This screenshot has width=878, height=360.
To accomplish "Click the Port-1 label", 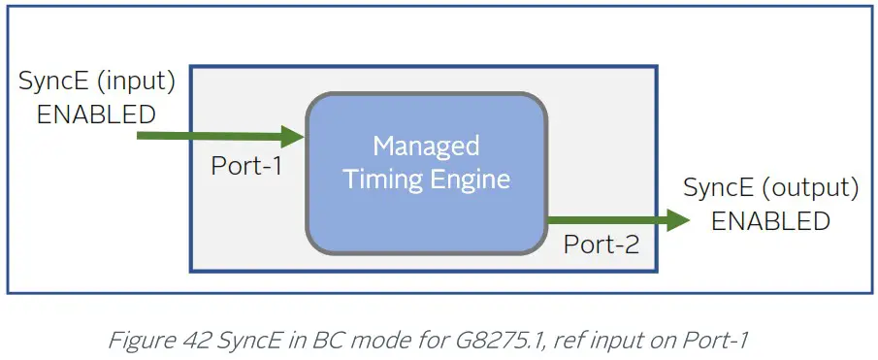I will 246,167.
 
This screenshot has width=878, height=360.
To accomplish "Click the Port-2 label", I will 602,245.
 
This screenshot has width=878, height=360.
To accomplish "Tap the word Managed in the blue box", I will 426,147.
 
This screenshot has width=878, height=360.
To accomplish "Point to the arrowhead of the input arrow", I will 295,135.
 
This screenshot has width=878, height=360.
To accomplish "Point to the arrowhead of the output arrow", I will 679,220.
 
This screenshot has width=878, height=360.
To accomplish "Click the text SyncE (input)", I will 97,82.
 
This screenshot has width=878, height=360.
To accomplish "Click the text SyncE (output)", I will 771,188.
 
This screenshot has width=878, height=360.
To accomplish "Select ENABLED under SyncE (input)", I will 96,115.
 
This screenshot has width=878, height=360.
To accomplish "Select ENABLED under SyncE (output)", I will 771,221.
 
